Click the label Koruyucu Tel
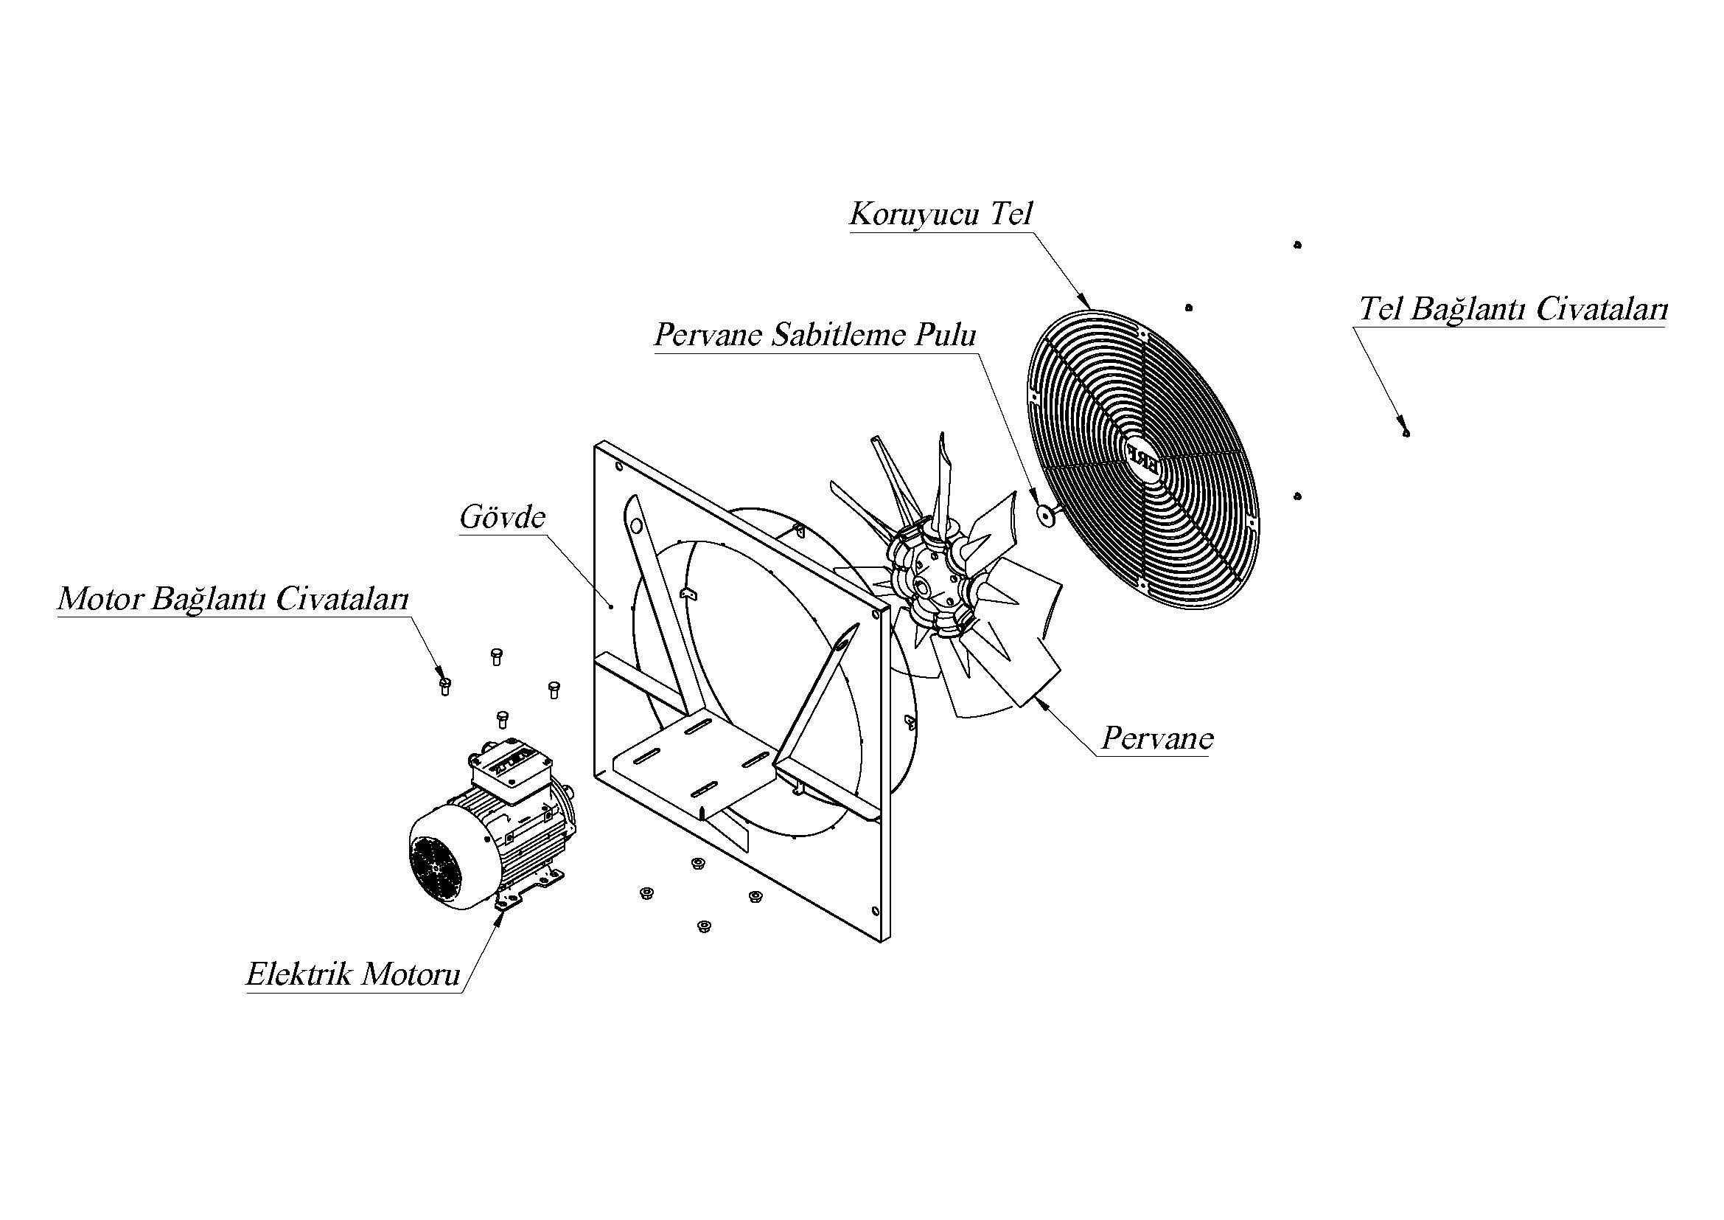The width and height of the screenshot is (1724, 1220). [x=940, y=214]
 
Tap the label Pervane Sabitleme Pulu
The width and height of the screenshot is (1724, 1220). [x=814, y=335]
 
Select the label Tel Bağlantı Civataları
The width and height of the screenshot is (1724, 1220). [x=1513, y=310]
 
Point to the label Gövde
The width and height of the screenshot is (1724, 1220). [x=503, y=518]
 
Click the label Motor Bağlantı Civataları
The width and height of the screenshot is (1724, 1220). [x=233, y=600]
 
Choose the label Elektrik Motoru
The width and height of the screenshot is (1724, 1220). [x=353, y=974]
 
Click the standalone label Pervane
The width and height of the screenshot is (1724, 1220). [x=1157, y=738]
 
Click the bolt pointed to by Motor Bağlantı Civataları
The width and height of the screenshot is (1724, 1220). [x=444, y=685]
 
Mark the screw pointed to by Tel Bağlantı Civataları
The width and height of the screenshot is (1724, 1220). [x=1406, y=432]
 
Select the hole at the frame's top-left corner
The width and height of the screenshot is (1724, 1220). [x=618, y=466]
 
